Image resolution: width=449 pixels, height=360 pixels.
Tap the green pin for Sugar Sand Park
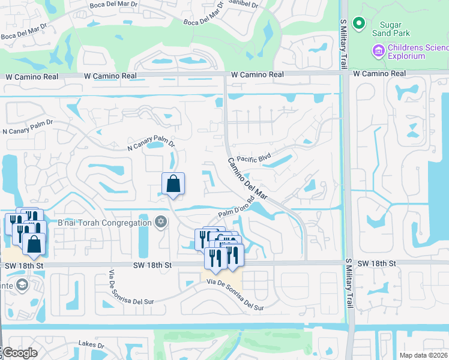click(x=359, y=24)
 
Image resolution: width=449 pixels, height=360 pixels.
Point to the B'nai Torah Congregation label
click(x=104, y=223)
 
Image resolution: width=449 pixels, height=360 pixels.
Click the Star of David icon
click(x=160, y=223)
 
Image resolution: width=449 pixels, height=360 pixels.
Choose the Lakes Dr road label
click(x=91, y=345)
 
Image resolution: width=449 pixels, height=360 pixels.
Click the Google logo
click(x=19, y=353)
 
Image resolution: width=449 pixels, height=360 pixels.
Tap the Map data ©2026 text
click(x=423, y=356)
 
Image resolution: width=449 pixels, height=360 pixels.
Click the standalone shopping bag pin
click(x=173, y=184)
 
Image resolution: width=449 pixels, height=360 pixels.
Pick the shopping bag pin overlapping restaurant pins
click(x=34, y=244)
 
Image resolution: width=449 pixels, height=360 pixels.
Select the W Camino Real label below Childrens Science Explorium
click(x=379, y=73)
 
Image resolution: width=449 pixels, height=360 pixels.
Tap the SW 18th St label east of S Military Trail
click(x=376, y=263)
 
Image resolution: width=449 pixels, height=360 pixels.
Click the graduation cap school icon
click(x=22, y=284)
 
